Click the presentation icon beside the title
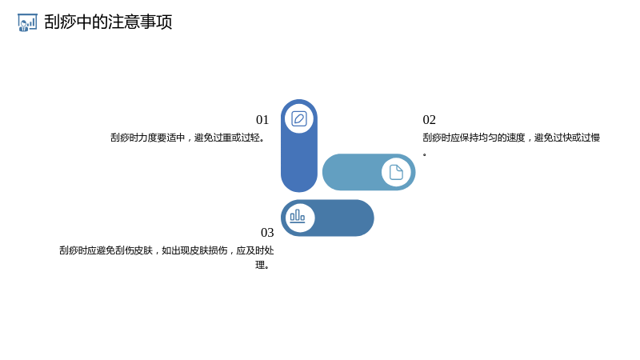[27, 22]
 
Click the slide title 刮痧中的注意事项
[108, 22]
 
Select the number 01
[262, 120]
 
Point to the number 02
[430, 120]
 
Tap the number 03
[267, 233]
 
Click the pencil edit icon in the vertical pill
[299, 118]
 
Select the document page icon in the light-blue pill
[396, 172]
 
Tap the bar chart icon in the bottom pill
[298, 216]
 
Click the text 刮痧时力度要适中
[148, 138]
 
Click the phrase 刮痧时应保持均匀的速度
[474, 138]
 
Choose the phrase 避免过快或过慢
[567, 138]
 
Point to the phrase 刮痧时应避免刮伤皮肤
[106, 250]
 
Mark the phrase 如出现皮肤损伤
[194, 250]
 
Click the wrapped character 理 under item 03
[260, 265]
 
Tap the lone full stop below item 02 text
[425, 154]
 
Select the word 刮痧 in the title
[60, 22]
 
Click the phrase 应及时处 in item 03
[255, 250]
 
